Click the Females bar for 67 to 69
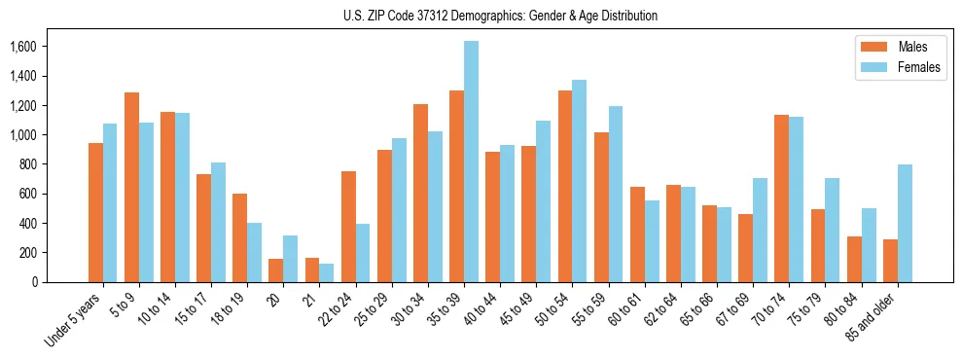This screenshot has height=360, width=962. click(760, 230)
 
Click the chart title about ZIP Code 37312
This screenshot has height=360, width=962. click(500, 16)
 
